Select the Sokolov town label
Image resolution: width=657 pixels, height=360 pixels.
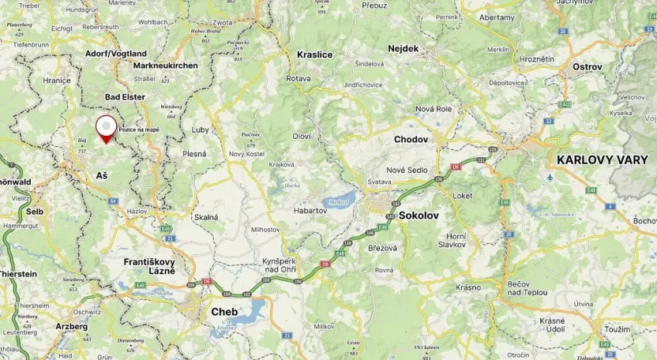tap(419, 215)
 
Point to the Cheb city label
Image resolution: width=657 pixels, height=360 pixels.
tap(224, 312)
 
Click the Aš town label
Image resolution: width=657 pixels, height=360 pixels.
tap(102, 175)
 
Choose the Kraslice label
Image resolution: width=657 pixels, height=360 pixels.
tap(314, 54)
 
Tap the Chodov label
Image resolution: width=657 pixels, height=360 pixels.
tap(411, 140)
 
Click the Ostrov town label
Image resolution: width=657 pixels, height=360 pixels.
tap(587, 67)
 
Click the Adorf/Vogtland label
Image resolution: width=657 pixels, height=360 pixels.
tap(116, 54)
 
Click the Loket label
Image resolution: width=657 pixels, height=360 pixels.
tap(463, 195)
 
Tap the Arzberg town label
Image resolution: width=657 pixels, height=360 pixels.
tap(72, 325)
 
